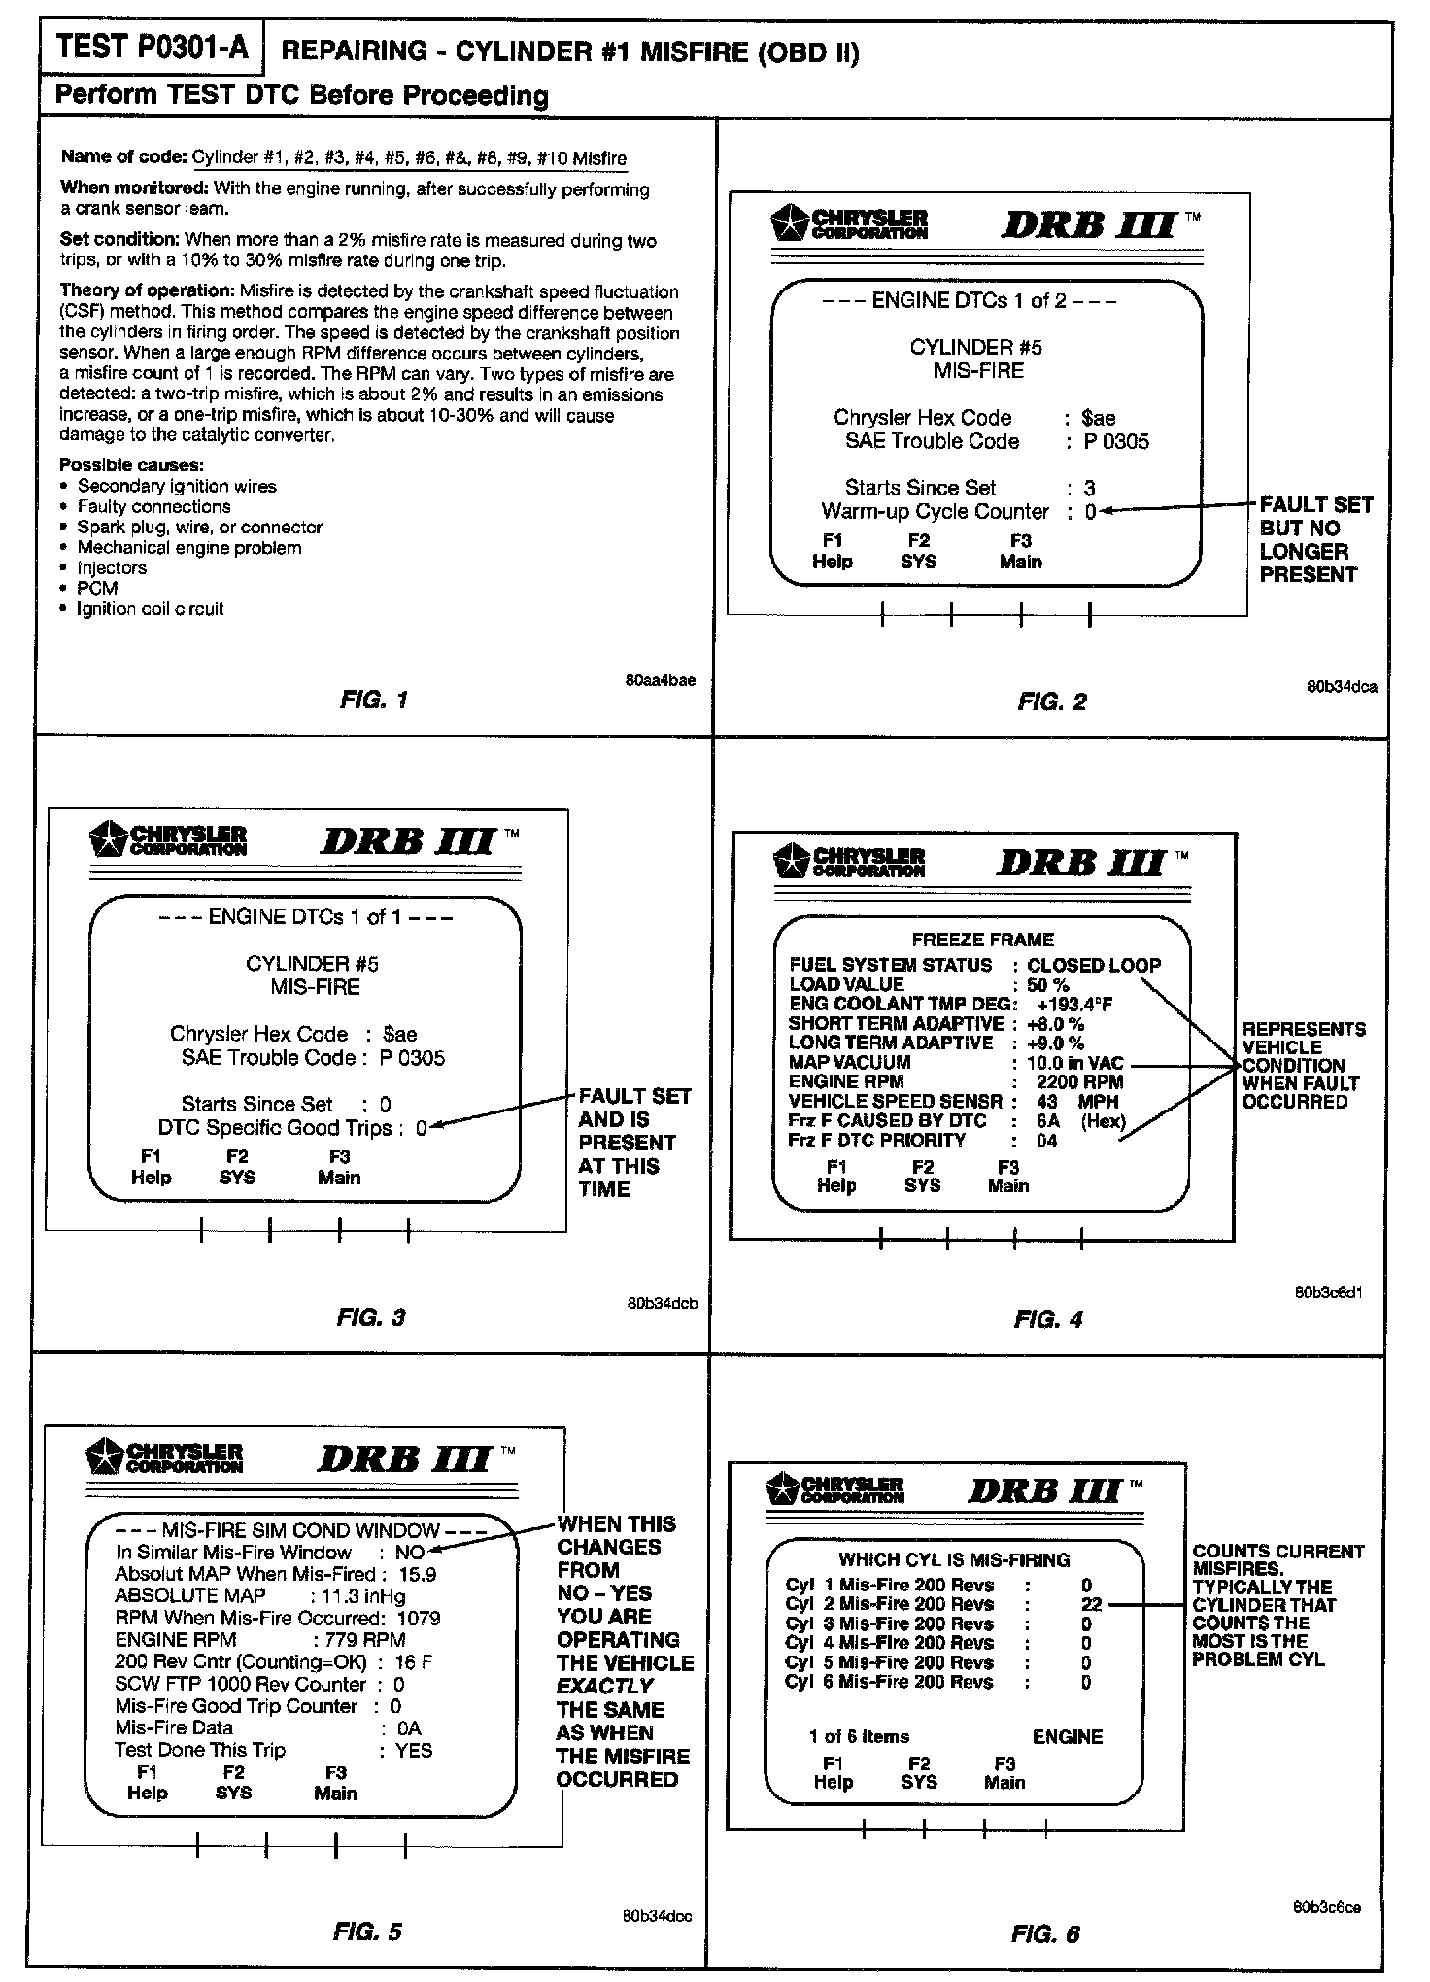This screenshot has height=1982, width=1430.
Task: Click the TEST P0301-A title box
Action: pyautogui.click(x=153, y=48)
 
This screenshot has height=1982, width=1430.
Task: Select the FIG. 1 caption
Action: pyautogui.click(x=374, y=700)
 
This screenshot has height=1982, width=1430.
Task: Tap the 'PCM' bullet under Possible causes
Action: pyautogui.click(x=97, y=588)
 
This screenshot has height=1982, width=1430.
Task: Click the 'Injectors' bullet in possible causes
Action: pyautogui.click(x=112, y=567)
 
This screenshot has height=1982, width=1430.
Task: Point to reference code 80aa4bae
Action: pyautogui.click(x=661, y=680)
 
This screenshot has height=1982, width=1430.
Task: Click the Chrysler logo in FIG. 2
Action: pyautogui.click(x=849, y=223)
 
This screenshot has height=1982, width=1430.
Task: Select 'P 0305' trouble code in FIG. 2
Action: pyautogui.click(x=1117, y=441)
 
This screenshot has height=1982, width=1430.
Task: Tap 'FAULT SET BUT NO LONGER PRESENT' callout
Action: pyautogui.click(x=1314, y=539)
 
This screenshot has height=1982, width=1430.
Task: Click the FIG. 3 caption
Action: pyautogui.click(x=370, y=1317)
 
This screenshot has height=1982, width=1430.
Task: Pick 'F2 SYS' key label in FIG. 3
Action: pyautogui.click(x=237, y=1167)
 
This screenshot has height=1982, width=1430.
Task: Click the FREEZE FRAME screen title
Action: pyautogui.click(x=982, y=940)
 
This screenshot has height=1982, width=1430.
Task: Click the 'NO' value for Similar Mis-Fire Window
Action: pyautogui.click(x=410, y=1553)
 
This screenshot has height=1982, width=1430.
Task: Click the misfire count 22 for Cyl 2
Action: pyautogui.click(x=1091, y=1604)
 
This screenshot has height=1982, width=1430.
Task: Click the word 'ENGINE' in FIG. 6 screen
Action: pyautogui.click(x=1067, y=1736)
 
